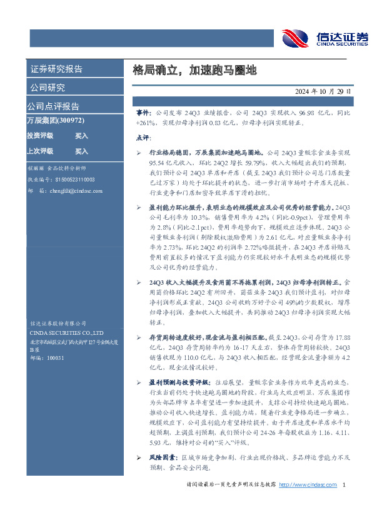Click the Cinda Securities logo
coord(323,38)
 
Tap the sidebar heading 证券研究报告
coord(56,69)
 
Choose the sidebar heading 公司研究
coord(48,87)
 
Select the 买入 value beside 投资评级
coord(82,135)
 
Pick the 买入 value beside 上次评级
coord(82,151)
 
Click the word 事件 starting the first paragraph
coord(143,110)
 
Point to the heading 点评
coord(143,138)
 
